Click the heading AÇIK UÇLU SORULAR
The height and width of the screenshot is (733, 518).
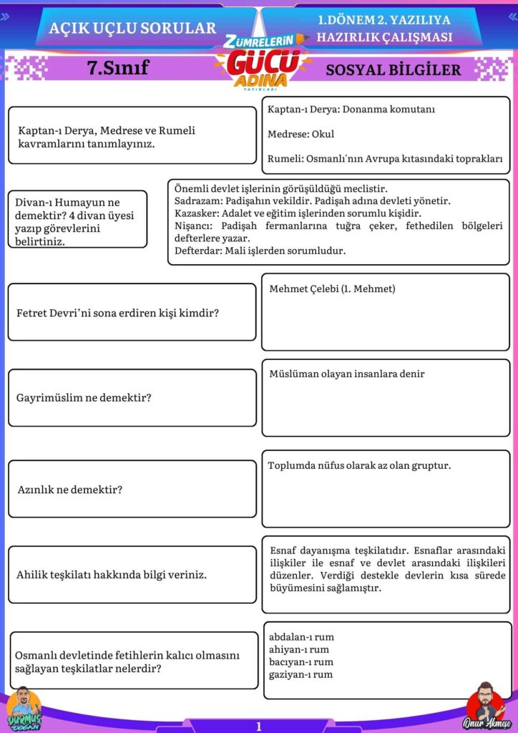pos(132,28)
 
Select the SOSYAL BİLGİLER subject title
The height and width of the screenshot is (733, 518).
pos(393,69)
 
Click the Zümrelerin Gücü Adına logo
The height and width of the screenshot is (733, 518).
pos(260,62)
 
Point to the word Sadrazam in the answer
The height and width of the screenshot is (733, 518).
pos(195,201)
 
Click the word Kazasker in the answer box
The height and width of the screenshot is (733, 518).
pos(194,213)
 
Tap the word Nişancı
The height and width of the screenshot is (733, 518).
pos(192,225)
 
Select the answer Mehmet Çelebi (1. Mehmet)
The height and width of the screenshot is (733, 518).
pos(332,288)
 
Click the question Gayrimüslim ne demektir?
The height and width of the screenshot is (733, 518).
pos(84,397)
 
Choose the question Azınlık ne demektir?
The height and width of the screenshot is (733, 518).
pos(70,490)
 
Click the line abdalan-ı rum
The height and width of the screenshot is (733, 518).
pos(301,637)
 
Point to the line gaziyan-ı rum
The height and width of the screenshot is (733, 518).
pos(300,674)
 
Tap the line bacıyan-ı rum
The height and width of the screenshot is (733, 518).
pos(300,662)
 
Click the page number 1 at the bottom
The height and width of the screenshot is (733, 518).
pos(259,726)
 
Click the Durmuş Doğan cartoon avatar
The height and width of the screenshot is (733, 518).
pos(24,708)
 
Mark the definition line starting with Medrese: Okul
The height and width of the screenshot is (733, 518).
pos(300,134)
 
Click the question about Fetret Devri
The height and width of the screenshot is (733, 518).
pos(117,313)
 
